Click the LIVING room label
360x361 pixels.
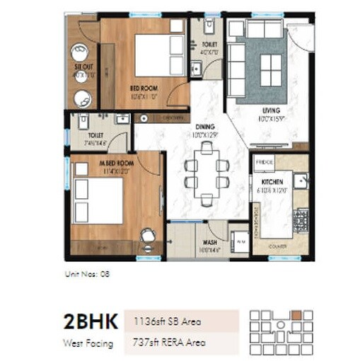tap(270, 110)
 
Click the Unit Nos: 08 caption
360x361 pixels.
tap(87, 272)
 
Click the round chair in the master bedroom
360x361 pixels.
tap(147, 236)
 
